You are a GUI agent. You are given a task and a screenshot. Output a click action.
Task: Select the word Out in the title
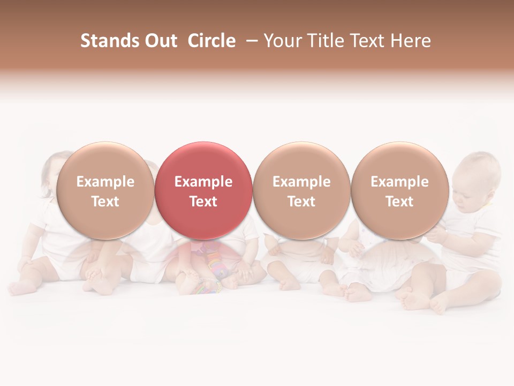coord(160,41)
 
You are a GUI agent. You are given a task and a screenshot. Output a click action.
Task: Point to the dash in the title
coord(252,41)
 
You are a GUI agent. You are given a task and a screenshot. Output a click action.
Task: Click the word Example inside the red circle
coord(203,182)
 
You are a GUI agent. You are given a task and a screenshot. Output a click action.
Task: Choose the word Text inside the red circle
coord(203,202)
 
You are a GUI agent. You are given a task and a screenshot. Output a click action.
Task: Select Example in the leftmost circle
coord(105,182)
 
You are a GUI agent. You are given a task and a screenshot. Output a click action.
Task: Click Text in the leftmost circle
coord(105,202)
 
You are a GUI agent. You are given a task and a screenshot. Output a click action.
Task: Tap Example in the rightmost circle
coord(399,182)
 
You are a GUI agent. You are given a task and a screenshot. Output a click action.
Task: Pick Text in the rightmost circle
coord(399,202)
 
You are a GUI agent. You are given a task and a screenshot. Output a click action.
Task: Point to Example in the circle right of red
coord(301,182)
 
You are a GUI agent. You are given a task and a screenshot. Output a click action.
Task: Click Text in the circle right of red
coord(301,202)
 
